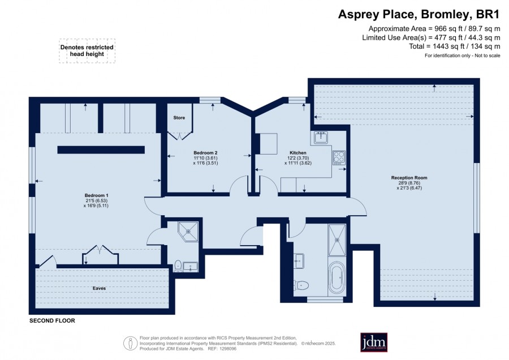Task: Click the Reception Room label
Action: click(x=409, y=178)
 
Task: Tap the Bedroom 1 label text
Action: click(x=96, y=195)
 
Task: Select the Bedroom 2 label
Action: click(x=205, y=153)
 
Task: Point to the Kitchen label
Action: click(x=298, y=153)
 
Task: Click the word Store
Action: click(x=179, y=118)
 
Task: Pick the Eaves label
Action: click(x=100, y=288)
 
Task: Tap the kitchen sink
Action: click(x=321, y=138)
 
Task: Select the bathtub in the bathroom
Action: click(x=337, y=277)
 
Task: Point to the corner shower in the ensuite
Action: click(x=188, y=232)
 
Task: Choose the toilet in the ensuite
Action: click(x=178, y=265)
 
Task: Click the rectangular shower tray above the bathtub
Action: click(x=337, y=240)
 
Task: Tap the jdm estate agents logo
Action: click(x=374, y=342)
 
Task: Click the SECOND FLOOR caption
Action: click(x=52, y=321)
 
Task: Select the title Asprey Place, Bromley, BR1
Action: click(x=419, y=14)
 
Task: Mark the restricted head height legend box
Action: click(x=87, y=51)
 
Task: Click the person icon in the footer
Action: click(x=131, y=344)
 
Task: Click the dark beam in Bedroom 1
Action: click(x=101, y=150)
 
